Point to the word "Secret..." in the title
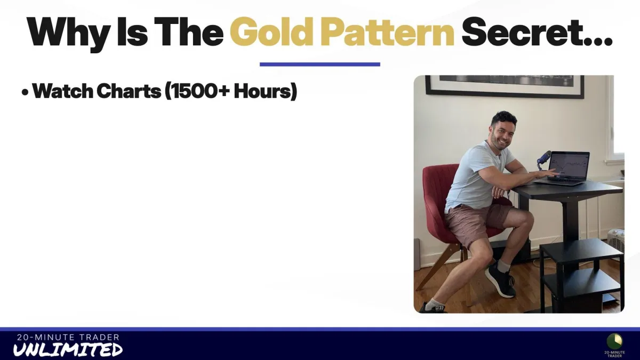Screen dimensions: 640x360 click(537, 32)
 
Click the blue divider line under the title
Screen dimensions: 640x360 click(319, 65)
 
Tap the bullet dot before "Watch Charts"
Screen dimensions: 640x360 click(25, 93)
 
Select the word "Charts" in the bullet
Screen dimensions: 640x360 click(129, 91)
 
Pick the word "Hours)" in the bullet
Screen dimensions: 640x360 click(266, 91)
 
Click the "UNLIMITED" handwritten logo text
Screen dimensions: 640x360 click(68, 350)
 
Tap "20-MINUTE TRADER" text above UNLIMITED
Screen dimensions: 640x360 click(68, 338)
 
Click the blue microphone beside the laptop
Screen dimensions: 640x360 click(543, 159)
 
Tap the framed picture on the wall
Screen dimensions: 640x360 click(505, 86)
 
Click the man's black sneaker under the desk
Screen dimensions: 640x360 click(501, 280)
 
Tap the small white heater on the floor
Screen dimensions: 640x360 click(615, 240)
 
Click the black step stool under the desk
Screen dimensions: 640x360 click(581, 274)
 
